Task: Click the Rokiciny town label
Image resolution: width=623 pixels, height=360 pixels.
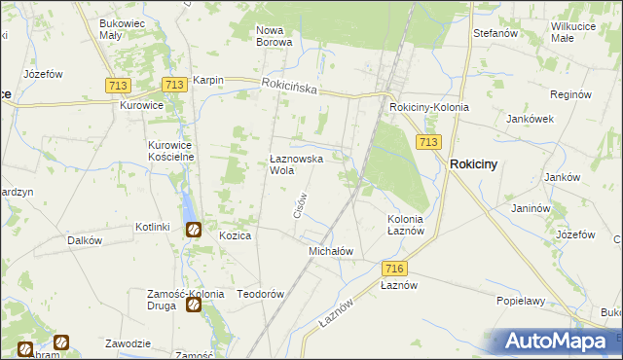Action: coord(473,164)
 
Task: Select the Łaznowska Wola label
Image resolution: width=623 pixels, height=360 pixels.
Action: coord(295,163)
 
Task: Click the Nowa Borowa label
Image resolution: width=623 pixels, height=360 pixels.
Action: coord(275,36)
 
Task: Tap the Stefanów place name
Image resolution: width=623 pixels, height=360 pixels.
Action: coord(494,32)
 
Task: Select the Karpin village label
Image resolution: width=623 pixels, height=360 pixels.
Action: coord(208,80)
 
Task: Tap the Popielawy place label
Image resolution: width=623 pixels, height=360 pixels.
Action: coord(519,301)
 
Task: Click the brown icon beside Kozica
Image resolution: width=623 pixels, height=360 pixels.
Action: coord(195,230)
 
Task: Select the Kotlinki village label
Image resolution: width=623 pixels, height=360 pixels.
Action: coord(153,227)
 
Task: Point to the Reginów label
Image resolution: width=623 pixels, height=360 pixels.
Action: coord(570,94)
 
